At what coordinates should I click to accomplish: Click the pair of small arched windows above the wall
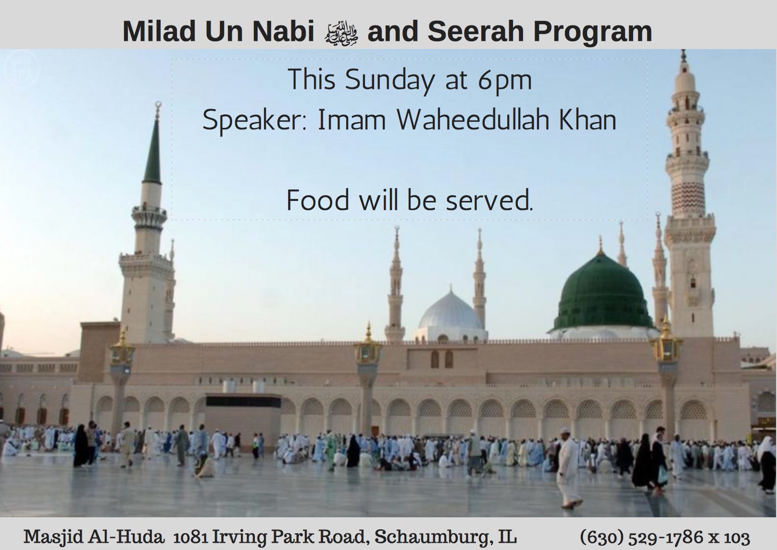[x=441, y=358]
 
